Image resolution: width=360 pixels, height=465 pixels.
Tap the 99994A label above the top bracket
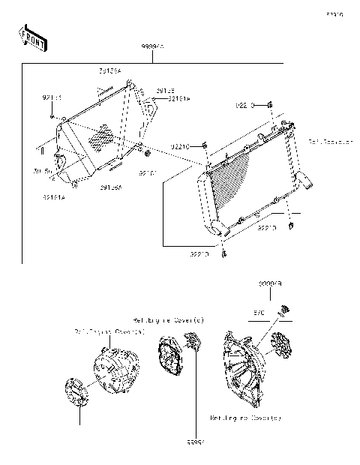pos(153,47)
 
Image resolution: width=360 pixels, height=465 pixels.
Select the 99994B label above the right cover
pos(270,284)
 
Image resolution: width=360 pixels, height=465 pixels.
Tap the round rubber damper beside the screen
pos(148,154)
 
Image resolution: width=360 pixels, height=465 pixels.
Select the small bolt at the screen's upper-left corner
pos(52,116)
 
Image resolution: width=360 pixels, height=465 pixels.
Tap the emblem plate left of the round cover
pos(76,393)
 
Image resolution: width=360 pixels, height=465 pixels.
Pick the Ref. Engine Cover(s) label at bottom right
pos(245,418)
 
